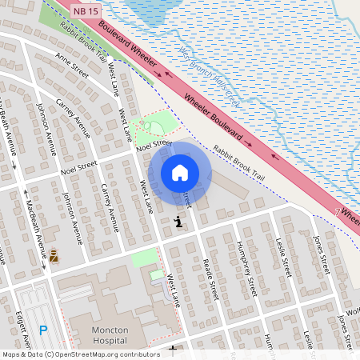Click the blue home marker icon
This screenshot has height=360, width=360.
pos(180,172)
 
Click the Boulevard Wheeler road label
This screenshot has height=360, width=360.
pos(129,45)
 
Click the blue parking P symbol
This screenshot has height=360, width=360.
pos(44,330)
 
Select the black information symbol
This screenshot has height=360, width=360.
pos(178,222)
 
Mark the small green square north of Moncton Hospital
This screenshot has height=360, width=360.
pos(144,258)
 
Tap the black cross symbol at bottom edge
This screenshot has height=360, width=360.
pos(173,350)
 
